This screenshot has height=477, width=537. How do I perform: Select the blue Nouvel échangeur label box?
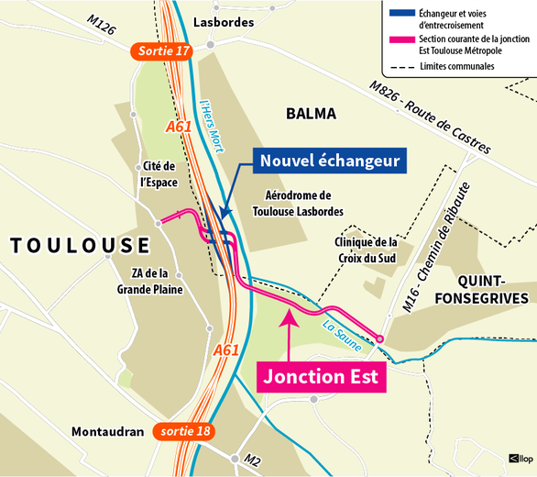pos(330,161)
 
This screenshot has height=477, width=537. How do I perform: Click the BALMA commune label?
pos(311,114)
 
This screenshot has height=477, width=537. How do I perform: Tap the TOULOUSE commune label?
pos(80,245)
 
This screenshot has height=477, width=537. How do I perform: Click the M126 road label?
pos(101,26)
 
